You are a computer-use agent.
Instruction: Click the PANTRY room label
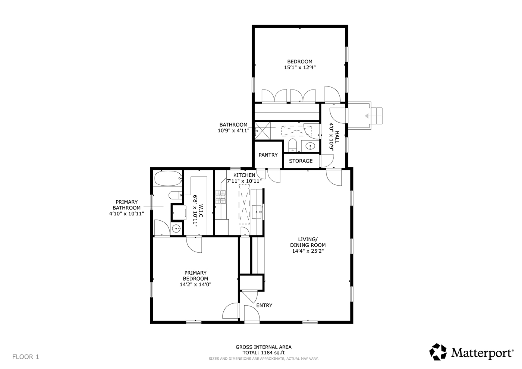click(268, 155)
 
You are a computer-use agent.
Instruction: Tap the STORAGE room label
click(301, 161)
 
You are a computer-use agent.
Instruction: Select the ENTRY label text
click(264, 305)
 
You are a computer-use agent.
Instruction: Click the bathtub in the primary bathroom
click(168, 179)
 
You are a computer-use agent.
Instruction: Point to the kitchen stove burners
click(221, 197)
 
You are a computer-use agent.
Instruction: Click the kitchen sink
click(257, 212)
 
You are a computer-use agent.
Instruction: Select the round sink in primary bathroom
click(176, 228)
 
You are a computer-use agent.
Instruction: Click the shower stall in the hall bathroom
click(262, 131)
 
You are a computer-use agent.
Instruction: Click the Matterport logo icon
click(438, 352)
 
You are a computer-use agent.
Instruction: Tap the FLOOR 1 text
click(26, 357)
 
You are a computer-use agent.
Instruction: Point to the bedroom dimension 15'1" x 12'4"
click(300, 67)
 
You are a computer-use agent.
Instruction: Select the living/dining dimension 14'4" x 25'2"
click(308, 251)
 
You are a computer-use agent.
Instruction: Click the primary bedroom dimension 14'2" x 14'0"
click(195, 284)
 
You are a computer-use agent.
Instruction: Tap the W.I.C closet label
click(201, 211)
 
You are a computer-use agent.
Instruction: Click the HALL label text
click(337, 137)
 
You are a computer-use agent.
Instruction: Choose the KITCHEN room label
click(244, 175)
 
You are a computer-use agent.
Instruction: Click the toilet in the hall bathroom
click(292, 145)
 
